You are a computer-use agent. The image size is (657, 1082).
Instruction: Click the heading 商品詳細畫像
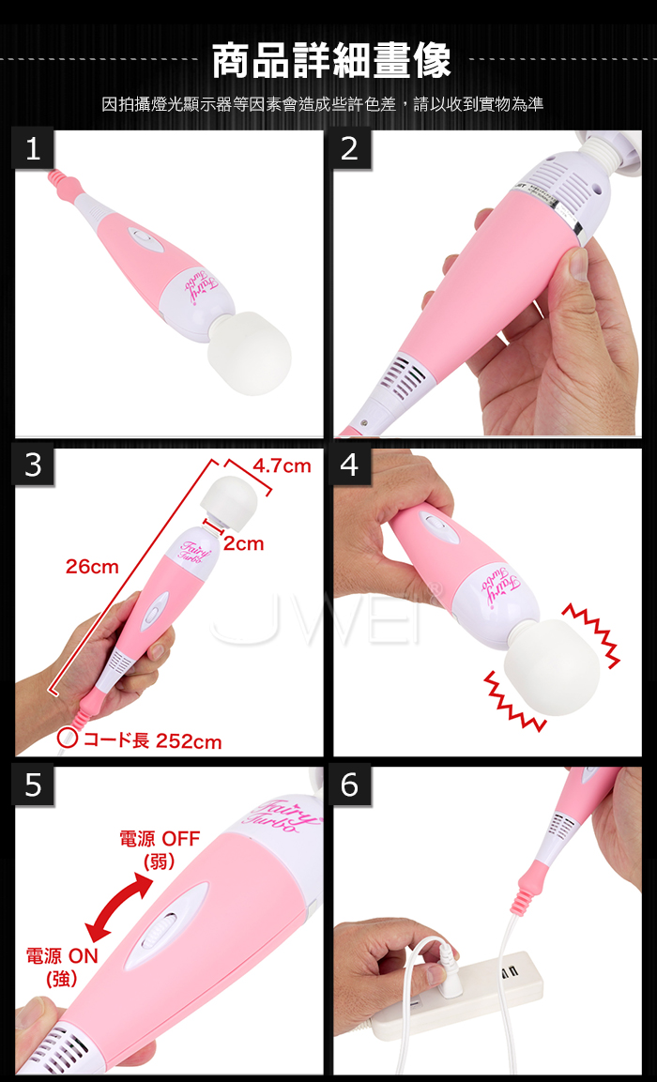pyautogui.click(x=331, y=61)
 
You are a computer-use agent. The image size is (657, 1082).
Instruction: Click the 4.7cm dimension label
pyautogui.click(x=282, y=466)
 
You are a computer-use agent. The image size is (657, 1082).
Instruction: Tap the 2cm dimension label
pyautogui.click(x=244, y=544)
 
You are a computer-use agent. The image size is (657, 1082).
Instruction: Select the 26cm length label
pyautogui.click(x=93, y=567)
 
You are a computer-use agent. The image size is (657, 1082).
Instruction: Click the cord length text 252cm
pyautogui.click(x=189, y=741)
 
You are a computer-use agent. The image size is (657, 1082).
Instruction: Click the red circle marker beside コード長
pyautogui.click(x=68, y=738)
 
